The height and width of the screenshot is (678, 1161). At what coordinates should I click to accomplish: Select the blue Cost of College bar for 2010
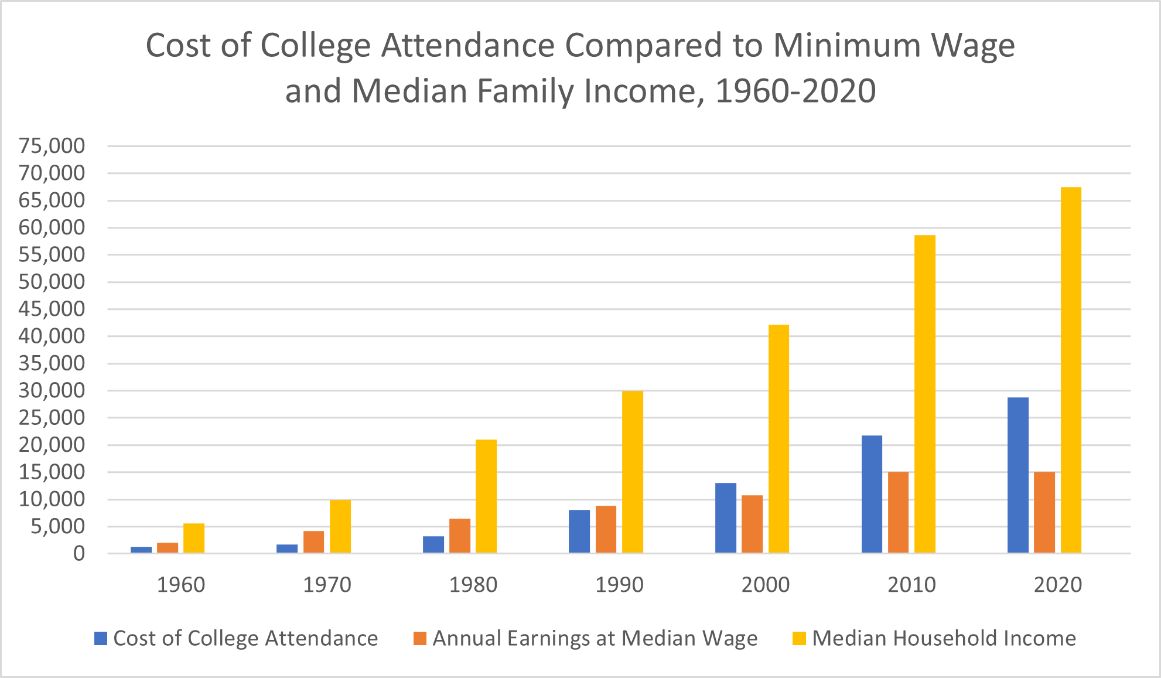872,495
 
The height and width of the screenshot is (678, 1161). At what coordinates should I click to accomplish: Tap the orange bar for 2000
752,524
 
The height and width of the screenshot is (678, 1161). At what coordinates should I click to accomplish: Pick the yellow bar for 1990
632,472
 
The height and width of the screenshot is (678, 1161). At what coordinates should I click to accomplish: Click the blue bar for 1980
433,544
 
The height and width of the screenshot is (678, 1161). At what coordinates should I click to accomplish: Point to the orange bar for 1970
313,542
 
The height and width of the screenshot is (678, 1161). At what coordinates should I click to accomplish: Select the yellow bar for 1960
194,539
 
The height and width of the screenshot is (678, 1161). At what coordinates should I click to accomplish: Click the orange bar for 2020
1044,512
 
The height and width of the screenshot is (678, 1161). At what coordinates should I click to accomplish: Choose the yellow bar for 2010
925,394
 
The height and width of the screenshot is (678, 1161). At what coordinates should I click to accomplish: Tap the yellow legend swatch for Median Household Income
799,638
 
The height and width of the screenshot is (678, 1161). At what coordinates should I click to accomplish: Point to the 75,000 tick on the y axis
52,146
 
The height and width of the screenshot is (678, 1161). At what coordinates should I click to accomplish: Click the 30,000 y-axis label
52,390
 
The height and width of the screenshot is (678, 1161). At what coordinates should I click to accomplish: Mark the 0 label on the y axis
78,554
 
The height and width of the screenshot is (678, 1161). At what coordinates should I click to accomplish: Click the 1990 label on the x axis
619,585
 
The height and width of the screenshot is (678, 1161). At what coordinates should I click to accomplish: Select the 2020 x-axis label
1057,585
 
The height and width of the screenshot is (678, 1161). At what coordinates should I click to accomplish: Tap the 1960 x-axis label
180,585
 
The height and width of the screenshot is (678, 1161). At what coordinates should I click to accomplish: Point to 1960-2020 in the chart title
795,91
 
